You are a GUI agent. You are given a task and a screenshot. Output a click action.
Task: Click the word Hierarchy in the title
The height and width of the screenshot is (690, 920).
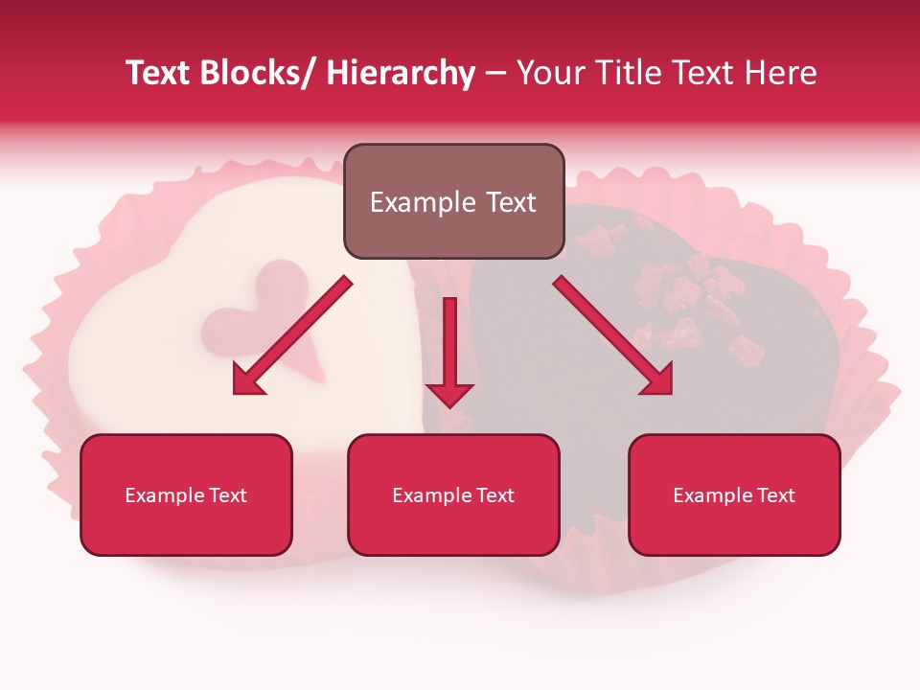(401, 73)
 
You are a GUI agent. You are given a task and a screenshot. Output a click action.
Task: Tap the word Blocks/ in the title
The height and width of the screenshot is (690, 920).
(263, 73)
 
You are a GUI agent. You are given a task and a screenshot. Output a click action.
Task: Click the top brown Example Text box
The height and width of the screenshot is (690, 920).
(453, 201)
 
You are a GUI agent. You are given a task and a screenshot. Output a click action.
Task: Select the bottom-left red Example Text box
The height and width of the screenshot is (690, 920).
(186, 494)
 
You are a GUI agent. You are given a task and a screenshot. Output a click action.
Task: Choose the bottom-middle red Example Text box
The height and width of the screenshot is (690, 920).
(453, 494)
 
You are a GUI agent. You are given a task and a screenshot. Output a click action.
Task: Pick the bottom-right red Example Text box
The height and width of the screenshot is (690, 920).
(734, 494)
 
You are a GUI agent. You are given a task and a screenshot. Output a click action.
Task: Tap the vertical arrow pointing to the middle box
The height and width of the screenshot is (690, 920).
(449, 350)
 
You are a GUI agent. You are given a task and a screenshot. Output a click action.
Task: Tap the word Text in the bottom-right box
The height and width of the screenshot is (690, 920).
(775, 495)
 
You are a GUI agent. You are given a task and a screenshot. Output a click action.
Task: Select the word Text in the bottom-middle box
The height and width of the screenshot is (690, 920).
(494, 495)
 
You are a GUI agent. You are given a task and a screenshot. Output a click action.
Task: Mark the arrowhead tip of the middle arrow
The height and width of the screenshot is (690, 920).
(449, 407)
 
